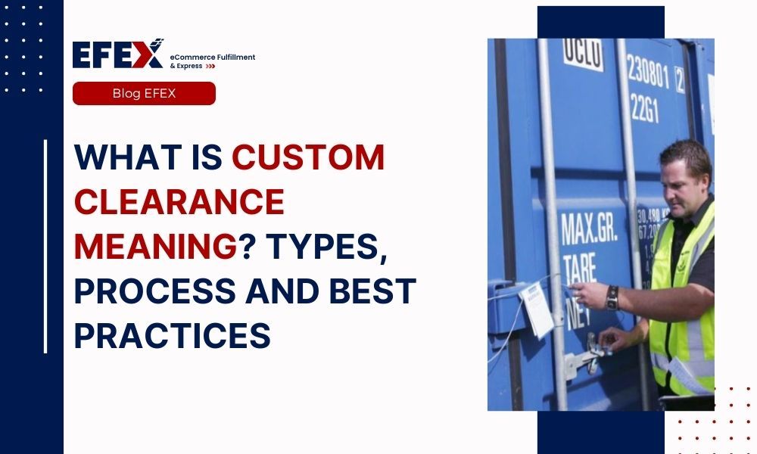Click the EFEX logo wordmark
(117, 54)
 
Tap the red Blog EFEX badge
(144, 93)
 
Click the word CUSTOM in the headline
(308, 157)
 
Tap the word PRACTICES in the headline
(172, 336)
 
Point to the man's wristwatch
(612, 297)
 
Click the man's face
(681, 178)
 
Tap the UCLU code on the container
(584, 54)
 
